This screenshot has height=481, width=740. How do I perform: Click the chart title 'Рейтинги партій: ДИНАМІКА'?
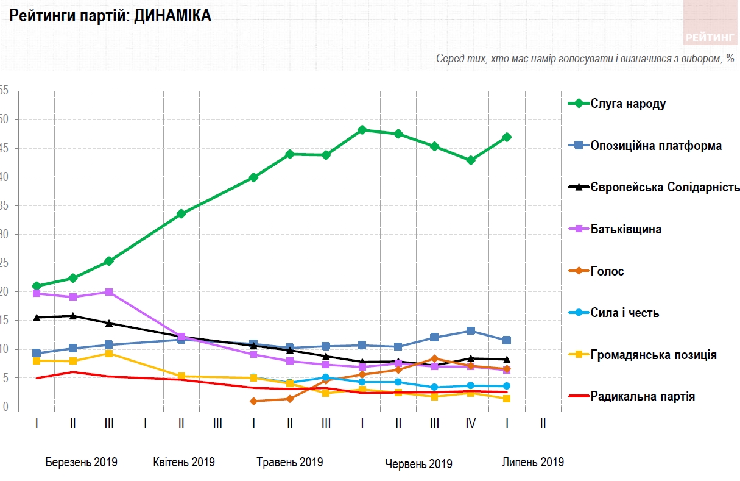click(110, 16)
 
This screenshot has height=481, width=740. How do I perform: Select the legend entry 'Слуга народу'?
click(628, 104)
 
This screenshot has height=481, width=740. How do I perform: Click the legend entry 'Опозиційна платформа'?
click(655, 146)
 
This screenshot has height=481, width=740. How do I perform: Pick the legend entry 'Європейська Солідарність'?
click(664, 187)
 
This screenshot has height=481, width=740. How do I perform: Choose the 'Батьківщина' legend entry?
click(625, 230)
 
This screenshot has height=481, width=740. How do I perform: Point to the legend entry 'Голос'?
click(607, 271)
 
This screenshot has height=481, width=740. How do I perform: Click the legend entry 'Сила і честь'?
click(624, 313)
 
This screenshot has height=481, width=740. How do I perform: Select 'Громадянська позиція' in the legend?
click(653, 355)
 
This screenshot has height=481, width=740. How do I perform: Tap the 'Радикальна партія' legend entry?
click(643, 396)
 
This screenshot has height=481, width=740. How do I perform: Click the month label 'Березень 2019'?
click(81, 462)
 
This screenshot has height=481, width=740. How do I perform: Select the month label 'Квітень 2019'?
click(184, 462)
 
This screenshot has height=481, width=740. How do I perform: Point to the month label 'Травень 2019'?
click(290, 462)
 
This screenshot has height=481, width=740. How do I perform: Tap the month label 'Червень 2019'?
click(418, 464)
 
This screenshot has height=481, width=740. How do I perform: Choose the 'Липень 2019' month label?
click(533, 462)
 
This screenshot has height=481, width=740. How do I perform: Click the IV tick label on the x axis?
click(470, 423)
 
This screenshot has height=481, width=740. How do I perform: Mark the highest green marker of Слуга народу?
click(362, 130)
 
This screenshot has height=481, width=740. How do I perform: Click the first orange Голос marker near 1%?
click(253, 401)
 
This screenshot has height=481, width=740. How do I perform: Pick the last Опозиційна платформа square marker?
click(507, 340)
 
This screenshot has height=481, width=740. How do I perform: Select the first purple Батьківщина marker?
click(37, 293)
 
